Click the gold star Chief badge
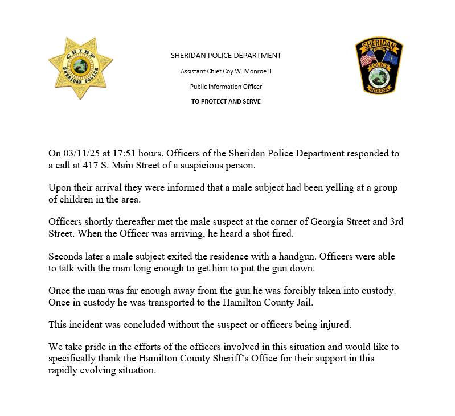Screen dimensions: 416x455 [x=80, y=68]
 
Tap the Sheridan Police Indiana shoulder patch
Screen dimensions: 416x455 [x=379, y=67]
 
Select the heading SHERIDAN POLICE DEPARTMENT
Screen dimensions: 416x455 [x=226, y=56]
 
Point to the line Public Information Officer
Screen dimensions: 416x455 [x=226, y=87]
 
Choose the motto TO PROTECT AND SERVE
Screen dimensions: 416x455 [x=226, y=101]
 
